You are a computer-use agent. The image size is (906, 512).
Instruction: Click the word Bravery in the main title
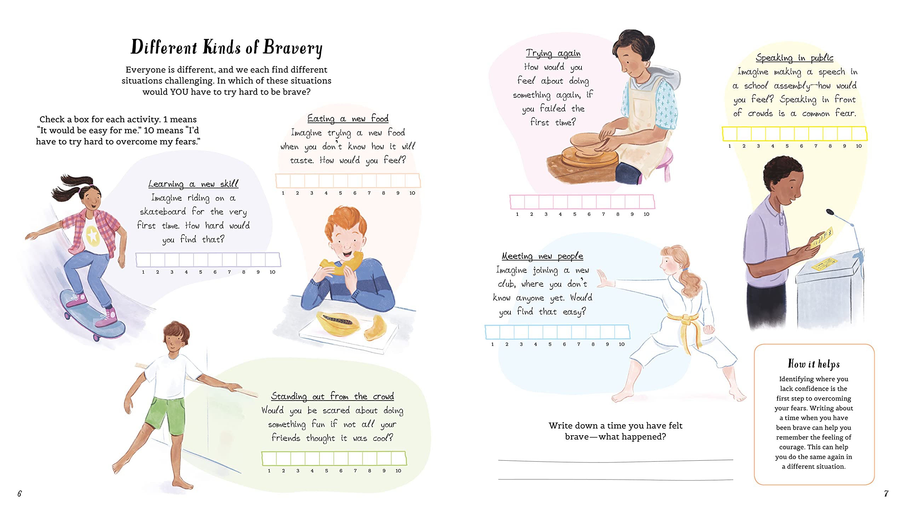pos(293,48)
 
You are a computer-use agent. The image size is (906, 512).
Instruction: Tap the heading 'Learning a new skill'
pos(193,184)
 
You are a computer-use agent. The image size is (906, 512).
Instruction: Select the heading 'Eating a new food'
pos(348,119)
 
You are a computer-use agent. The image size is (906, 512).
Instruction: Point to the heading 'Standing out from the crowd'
pos(332,396)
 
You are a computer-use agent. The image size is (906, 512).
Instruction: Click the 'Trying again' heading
pos(553,53)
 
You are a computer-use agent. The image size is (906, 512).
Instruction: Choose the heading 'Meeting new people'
pos(542,256)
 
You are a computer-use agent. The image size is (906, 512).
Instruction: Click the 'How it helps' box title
pos(814,364)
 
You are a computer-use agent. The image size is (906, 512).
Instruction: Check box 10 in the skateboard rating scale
pos(273,260)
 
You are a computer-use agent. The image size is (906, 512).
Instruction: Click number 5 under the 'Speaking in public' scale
pos(787,146)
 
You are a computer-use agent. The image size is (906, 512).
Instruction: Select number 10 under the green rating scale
pos(398,471)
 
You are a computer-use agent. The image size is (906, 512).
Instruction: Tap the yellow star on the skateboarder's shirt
pos(93,235)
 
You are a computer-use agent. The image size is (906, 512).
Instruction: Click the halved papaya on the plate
pos(338,323)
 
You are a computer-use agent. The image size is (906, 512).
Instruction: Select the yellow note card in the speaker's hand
pos(821,238)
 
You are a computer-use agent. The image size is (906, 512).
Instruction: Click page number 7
pos(886,494)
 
